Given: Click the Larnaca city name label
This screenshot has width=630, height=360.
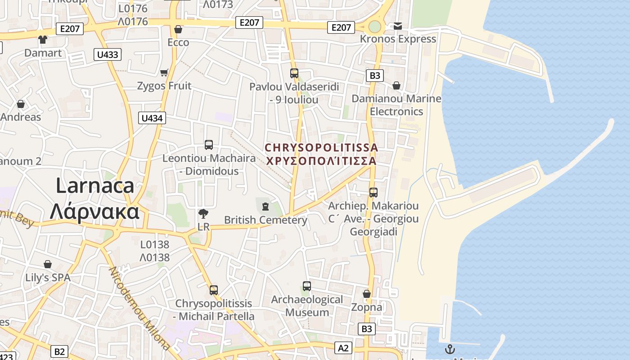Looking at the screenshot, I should tap(94, 198).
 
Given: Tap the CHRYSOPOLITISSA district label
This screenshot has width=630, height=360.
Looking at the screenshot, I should tap(321, 154).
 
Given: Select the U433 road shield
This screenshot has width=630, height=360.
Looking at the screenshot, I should tap(108, 55).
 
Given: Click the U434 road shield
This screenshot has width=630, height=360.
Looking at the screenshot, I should tap(152, 118).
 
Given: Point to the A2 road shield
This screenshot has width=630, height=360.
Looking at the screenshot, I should tap(343, 348).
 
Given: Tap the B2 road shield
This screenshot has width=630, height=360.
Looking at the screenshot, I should tap(59, 351).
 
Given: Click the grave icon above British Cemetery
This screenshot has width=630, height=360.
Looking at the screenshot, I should tap(265, 207).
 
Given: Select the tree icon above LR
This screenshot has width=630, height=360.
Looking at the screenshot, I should tap(203, 213).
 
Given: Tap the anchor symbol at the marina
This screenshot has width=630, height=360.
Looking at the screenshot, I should tap(450, 349).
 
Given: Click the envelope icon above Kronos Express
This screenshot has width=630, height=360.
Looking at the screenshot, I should tap(398, 26).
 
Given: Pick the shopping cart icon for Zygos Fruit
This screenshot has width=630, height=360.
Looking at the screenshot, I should tap(164, 72).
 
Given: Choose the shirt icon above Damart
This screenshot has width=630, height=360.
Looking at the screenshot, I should tap(43, 40).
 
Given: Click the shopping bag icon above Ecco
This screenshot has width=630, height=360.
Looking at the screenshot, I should tap(178, 29).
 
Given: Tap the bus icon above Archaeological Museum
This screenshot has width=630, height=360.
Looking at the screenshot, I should tap(307, 286).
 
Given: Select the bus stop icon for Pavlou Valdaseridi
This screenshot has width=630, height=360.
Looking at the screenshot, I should tap(294, 73).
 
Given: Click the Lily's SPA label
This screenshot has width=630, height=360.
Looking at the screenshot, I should tap(48, 278).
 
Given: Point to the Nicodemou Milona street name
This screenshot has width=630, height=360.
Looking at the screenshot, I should tap(139, 308).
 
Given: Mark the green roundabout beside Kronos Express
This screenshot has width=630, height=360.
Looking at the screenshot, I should tap(374, 27).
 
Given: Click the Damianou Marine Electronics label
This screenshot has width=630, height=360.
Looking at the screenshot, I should tap(396, 105).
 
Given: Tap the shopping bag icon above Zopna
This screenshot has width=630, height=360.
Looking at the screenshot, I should tap(367, 294).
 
